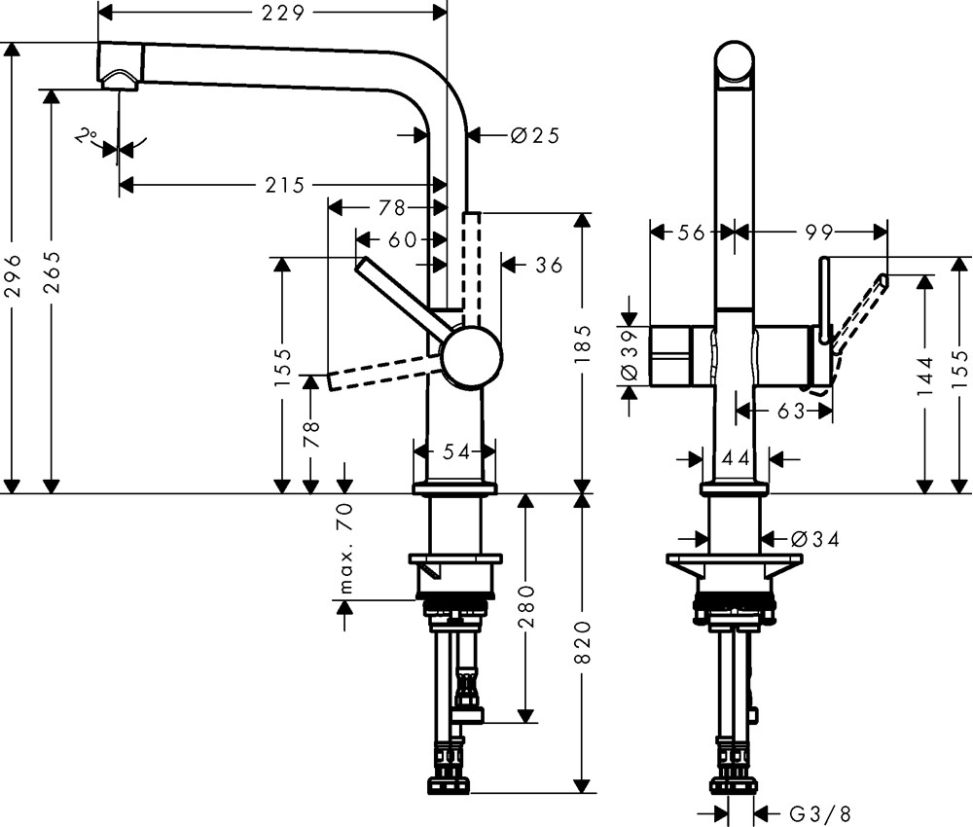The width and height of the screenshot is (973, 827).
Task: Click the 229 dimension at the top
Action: pyautogui.click(x=284, y=13)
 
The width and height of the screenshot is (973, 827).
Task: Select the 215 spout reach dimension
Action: pyautogui.click(x=284, y=184)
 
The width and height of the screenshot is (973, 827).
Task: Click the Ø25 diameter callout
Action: pyautogui.click(x=534, y=135)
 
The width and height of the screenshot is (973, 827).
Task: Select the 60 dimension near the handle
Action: pyautogui.click(x=402, y=238)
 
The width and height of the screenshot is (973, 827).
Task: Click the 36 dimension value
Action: pyautogui.click(x=549, y=264)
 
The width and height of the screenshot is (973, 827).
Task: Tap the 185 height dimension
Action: pyautogui.click(x=583, y=342)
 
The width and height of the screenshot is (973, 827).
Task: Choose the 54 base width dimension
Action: pyautogui.click(x=455, y=451)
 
